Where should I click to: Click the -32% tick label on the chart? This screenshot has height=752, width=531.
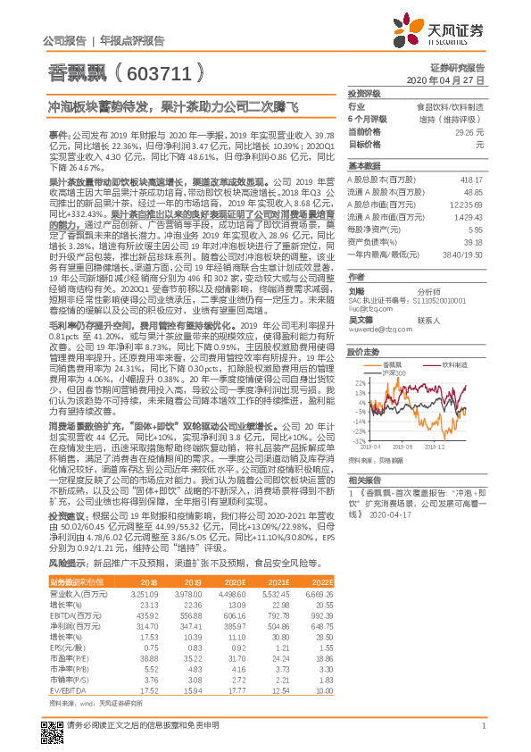pyautogui.click(x=358, y=440)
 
